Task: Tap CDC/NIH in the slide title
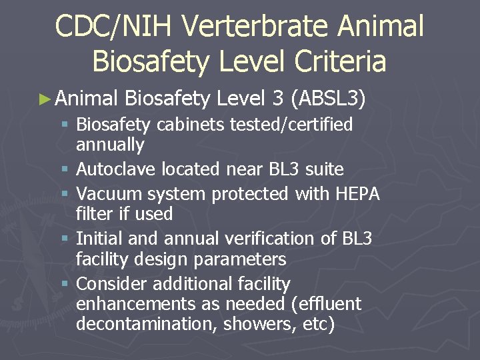pyautogui.click(x=113, y=27)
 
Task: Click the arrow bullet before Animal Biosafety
pyautogui.click(x=45, y=100)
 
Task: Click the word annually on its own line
pyautogui.click(x=110, y=145)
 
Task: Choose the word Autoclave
pyautogui.click(x=117, y=169)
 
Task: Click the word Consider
pyautogui.click(x=112, y=284)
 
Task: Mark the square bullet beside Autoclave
pyautogui.click(x=64, y=170)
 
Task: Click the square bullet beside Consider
pyautogui.click(x=64, y=285)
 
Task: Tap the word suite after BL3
pyautogui.click(x=325, y=169)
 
